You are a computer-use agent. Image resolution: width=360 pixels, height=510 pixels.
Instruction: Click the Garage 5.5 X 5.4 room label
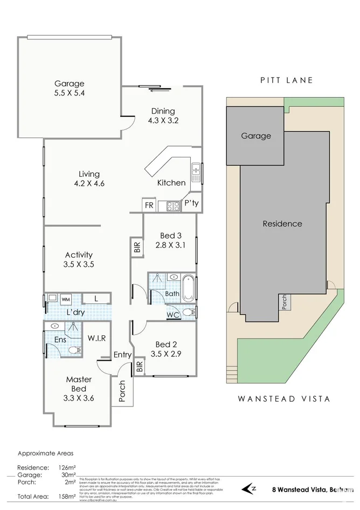point(69,88)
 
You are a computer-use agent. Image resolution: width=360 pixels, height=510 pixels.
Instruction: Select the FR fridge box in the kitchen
point(148,205)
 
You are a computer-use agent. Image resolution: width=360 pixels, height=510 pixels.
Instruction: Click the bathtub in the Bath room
point(188,288)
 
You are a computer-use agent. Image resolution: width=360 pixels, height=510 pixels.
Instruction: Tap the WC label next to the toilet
point(173,314)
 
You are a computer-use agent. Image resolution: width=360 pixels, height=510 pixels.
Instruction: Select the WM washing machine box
point(65,299)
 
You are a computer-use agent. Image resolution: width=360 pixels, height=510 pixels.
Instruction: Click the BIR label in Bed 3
point(137,247)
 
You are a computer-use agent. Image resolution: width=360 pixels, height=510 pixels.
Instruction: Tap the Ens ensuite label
point(60,340)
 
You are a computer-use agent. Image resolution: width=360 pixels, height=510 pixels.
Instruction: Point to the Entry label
point(122,354)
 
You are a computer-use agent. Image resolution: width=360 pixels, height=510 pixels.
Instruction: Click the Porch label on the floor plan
point(122,392)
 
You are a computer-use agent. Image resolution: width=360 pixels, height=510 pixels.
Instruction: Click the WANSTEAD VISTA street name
point(283,399)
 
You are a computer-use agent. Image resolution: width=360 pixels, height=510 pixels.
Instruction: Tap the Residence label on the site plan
point(282,223)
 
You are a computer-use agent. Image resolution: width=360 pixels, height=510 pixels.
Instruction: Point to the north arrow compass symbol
point(250,488)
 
